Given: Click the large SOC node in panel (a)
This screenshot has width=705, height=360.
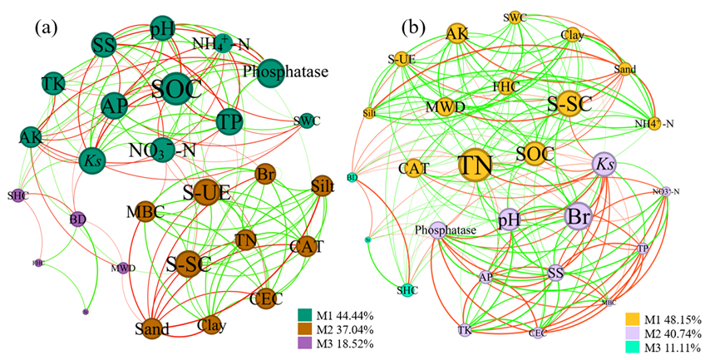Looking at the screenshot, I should (176, 90).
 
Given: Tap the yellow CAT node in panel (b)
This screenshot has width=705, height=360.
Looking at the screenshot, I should (413, 169).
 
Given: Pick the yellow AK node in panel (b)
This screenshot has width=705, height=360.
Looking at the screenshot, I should (456, 33).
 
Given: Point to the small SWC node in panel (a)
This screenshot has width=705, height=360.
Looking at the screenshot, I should (306, 121).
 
